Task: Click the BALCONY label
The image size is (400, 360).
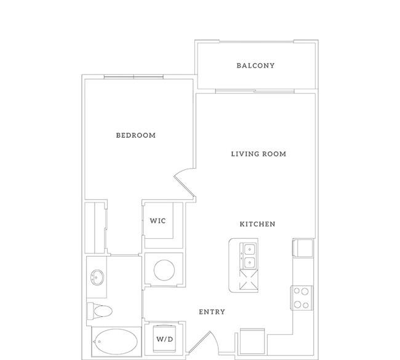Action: tap(255, 66)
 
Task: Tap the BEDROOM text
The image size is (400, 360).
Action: tap(136, 135)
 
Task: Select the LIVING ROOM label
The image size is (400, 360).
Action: tap(258, 154)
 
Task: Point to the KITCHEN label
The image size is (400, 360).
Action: tap(257, 224)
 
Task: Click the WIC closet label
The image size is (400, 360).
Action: tap(158, 221)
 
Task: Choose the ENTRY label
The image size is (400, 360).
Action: tap(212, 312)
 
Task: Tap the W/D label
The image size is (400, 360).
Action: tap(164, 339)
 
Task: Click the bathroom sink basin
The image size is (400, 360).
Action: tap(97, 278)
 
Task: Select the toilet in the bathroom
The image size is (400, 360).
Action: tap(100, 311)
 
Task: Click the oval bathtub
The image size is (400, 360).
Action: tap(116, 342)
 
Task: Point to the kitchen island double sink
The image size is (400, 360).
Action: tap(249, 255)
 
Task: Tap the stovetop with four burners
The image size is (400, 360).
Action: tap(302, 298)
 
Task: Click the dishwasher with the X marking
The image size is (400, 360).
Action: tap(249, 280)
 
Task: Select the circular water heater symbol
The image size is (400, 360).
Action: tap(164, 270)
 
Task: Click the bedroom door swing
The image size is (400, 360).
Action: tap(184, 183)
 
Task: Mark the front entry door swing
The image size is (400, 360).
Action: tap(203, 342)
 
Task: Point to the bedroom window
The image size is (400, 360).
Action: tap(134, 76)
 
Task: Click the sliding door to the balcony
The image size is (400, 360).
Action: tap(255, 91)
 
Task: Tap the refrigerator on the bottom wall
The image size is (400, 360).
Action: tap(252, 342)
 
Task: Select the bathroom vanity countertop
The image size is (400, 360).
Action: tap(97, 277)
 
